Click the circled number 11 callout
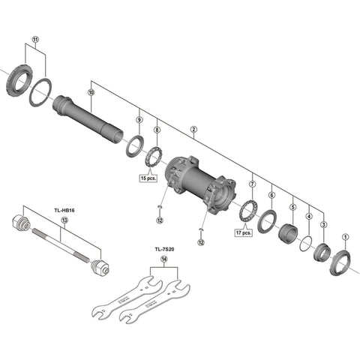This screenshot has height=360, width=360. (36, 39)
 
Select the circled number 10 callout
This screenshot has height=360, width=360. (91, 92)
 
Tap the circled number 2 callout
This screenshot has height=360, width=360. (193, 130)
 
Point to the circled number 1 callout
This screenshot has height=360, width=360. (346, 237)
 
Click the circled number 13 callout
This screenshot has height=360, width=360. (64, 220)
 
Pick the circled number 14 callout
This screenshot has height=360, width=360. (163, 259)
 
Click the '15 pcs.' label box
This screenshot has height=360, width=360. (148, 178)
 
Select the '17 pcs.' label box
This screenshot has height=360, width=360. (244, 232)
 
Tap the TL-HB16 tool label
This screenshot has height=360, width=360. (64, 211)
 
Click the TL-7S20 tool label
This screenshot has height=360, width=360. (164, 249)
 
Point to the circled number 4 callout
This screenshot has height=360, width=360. (309, 216)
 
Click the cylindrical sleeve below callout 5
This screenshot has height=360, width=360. (287, 233)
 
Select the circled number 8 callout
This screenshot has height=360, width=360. (157, 130)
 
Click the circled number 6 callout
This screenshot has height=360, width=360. (271, 195)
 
